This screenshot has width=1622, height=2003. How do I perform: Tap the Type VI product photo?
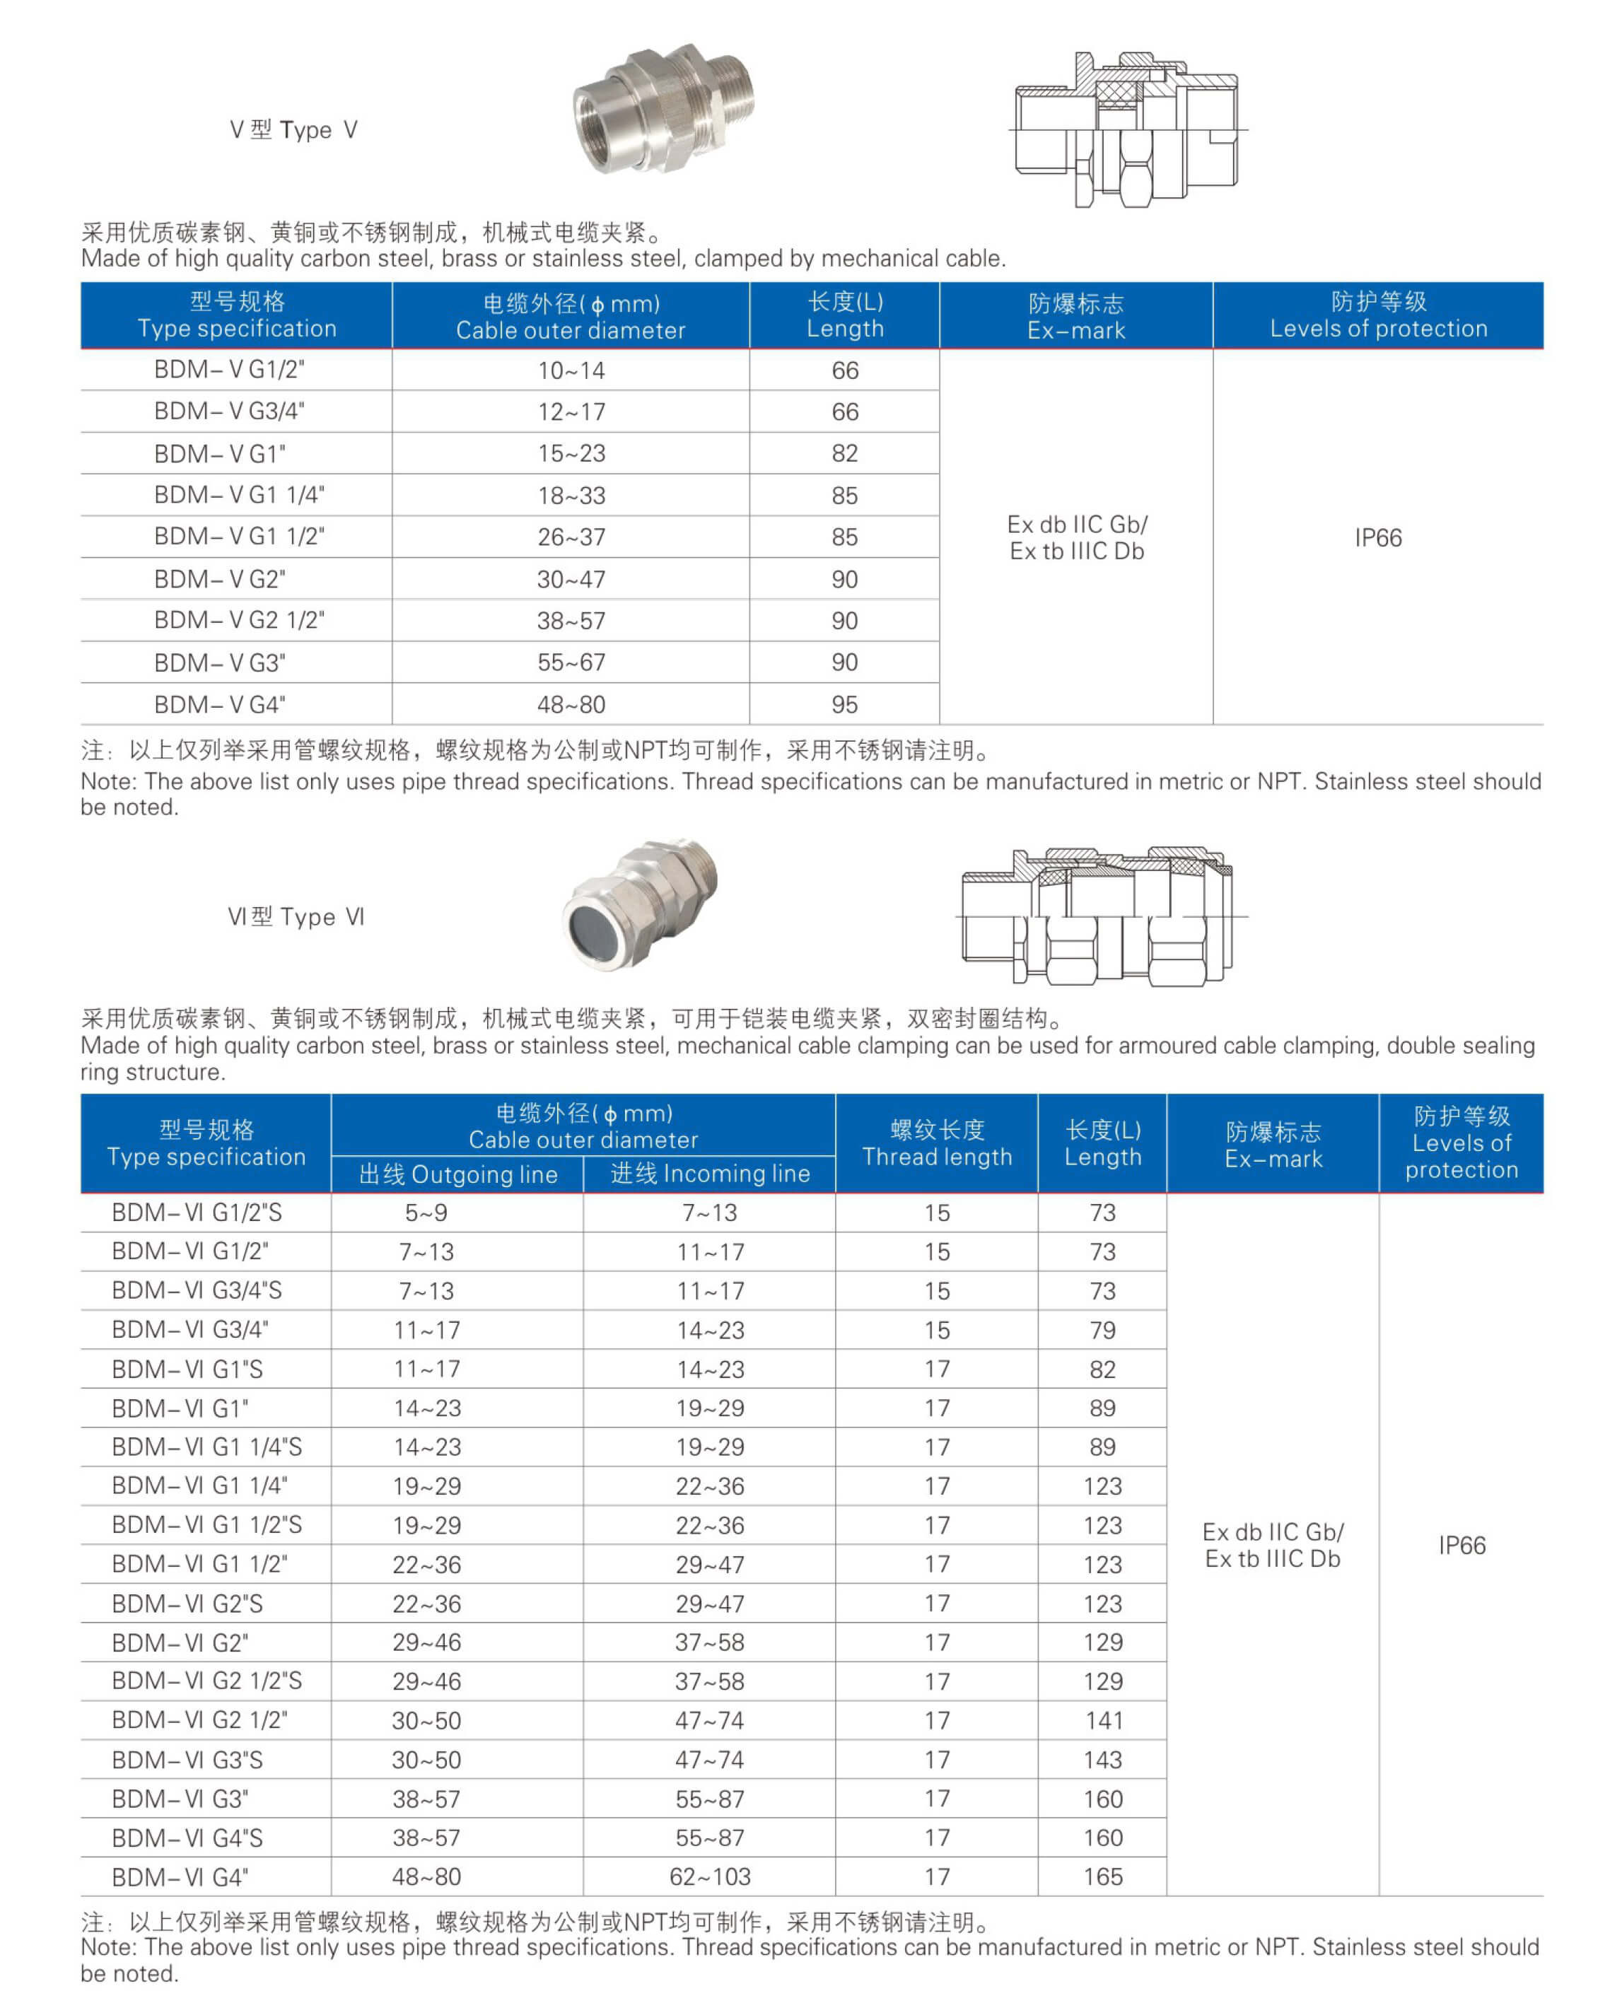[x=640, y=904]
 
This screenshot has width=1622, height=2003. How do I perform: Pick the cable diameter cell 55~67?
[x=571, y=662]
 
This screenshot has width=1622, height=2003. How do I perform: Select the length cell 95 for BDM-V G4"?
[x=845, y=704]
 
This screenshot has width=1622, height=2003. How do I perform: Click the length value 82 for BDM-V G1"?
[x=845, y=453]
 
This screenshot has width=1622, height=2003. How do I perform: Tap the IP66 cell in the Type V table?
[x=1378, y=537]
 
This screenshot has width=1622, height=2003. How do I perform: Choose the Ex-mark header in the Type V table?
[x=1076, y=316]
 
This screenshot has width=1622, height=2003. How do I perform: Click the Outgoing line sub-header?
[x=458, y=1174]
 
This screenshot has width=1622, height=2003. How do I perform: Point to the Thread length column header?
[x=937, y=1143]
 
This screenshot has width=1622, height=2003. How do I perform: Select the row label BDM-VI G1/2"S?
[x=197, y=1213]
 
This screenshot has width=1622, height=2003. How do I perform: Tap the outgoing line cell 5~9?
[x=426, y=1213]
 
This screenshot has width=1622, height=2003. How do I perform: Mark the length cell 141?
[x=1102, y=1720]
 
